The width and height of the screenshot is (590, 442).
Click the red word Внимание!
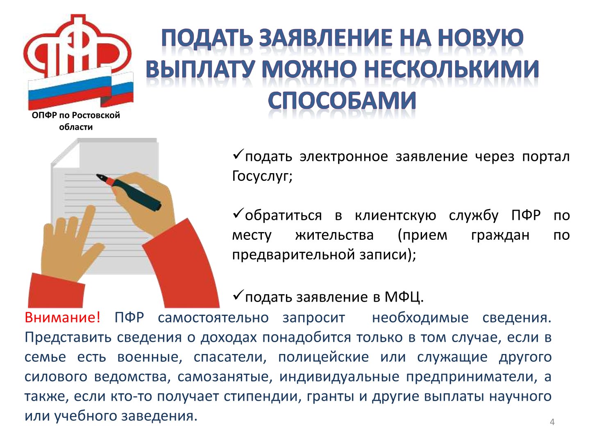(x=62, y=318)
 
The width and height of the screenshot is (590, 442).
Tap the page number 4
(x=552, y=422)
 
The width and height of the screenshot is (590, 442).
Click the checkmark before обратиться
(x=238, y=213)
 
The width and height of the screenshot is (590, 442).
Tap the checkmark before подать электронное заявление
(x=238, y=154)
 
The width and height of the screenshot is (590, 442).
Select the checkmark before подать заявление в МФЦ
(x=238, y=295)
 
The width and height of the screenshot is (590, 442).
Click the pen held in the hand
(x=129, y=192)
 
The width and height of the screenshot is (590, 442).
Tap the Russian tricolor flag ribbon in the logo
(x=81, y=88)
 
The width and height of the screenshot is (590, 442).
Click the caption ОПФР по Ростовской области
(x=76, y=121)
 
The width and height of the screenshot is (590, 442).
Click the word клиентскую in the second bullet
(x=395, y=215)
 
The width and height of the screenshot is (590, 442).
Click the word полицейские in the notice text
(x=323, y=357)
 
